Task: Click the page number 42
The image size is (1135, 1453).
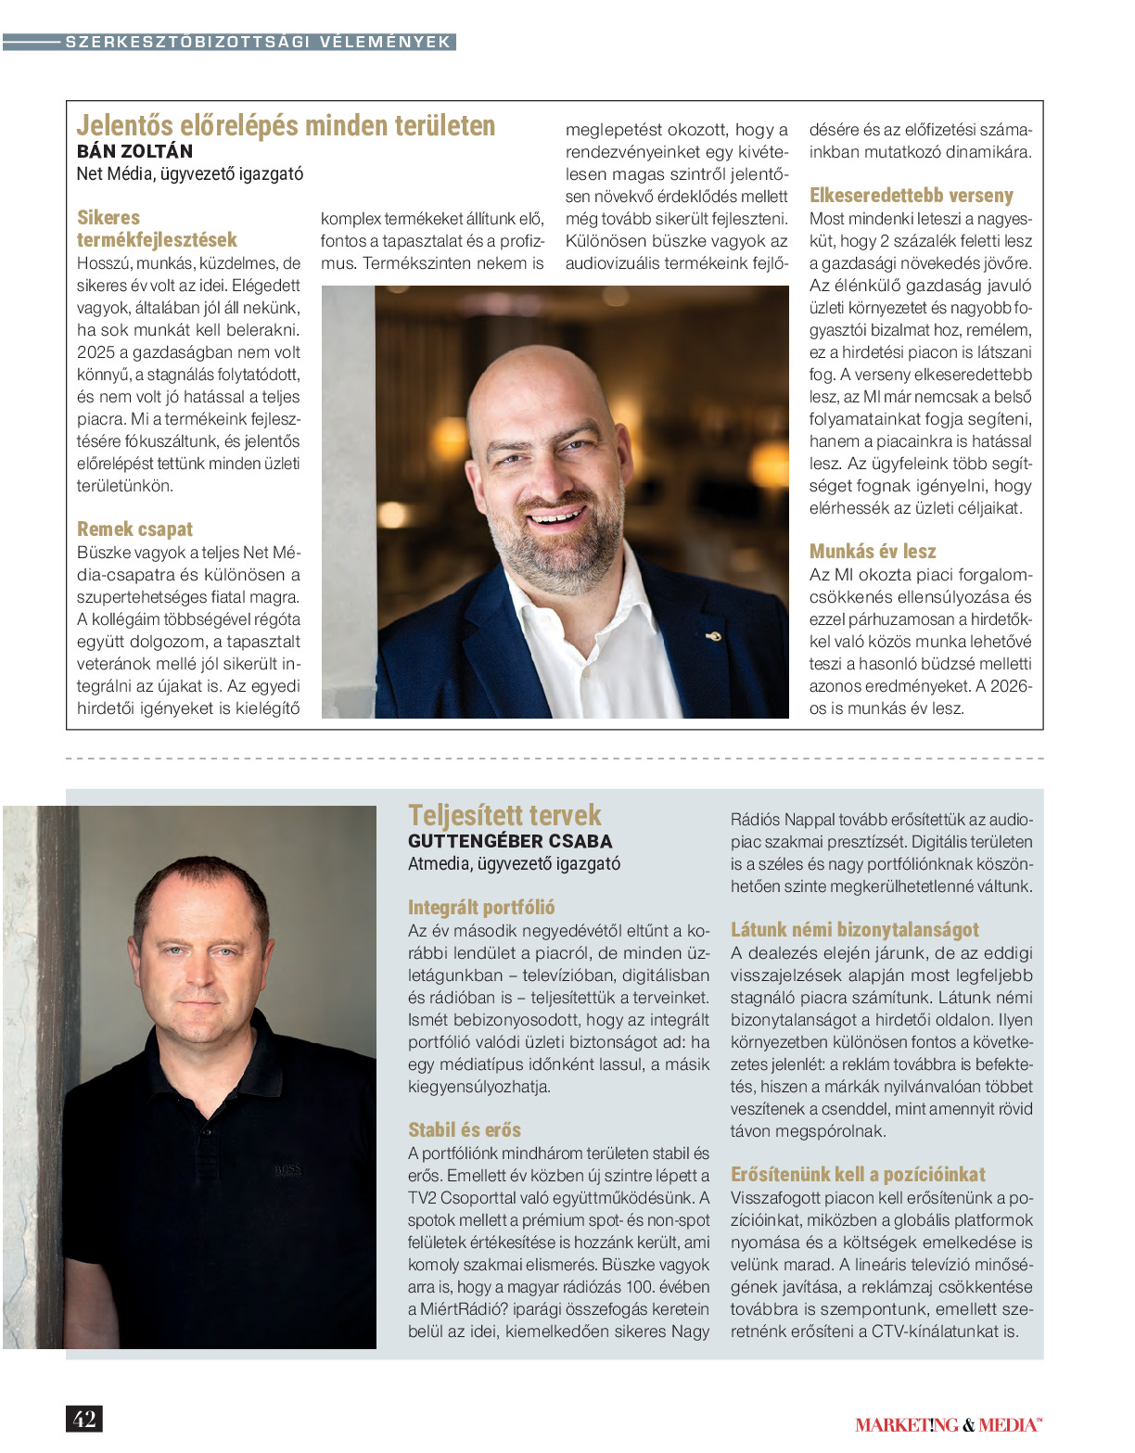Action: [x=84, y=1419]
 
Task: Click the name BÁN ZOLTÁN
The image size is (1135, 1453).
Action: [x=134, y=151]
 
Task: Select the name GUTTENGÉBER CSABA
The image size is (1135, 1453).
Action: [x=510, y=841]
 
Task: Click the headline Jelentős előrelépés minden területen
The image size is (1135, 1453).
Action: [x=286, y=125]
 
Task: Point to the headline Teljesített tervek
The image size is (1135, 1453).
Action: [x=504, y=815]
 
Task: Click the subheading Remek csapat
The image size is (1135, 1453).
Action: [x=134, y=529]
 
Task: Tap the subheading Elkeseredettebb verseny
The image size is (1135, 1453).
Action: [x=911, y=196]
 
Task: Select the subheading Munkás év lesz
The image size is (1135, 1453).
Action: [x=872, y=552]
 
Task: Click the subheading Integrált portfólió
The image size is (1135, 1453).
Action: [x=481, y=908]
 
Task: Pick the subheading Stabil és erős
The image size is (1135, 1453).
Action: [x=464, y=1130]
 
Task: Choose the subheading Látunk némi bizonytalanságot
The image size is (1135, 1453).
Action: [x=854, y=930]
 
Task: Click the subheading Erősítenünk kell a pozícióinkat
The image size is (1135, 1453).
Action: [x=857, y=1175]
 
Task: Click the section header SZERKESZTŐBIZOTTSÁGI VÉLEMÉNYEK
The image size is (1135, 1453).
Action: [x=257, y=42]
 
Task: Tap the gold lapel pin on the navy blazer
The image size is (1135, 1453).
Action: [x=713, y=636]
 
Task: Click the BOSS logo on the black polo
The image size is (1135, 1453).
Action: [x=287, y=1169]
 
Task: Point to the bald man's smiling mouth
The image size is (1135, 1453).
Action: [x=557, y=516]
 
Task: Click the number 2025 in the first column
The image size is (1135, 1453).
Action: [x=96, y=352]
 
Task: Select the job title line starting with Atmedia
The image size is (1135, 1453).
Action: [x=514, y=863]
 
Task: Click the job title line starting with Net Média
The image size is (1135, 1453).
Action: [x=189, y=173]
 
